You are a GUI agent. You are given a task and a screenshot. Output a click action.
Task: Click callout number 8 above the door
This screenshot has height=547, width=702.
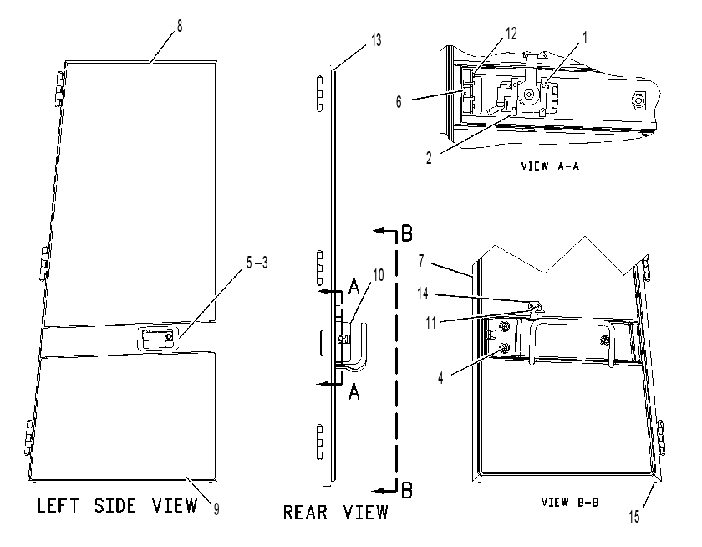coord(180,26)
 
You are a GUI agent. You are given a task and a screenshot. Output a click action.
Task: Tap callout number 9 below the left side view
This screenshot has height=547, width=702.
coord(216,509)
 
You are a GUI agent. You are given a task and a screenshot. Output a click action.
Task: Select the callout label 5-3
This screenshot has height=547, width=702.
coord(257,262)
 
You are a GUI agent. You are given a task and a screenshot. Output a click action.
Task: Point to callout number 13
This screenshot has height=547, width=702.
coord(376,40)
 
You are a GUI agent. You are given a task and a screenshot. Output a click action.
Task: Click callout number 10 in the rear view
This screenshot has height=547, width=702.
coord(379,275)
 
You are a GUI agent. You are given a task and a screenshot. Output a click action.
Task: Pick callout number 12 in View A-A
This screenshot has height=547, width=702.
coord(511,33)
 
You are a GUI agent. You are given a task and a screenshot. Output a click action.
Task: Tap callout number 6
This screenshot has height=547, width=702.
coord(399,102)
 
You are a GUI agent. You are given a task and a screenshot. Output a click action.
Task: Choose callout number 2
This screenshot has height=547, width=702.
coord(429,158)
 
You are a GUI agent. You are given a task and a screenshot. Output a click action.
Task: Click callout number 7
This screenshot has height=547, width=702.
coord(421,260)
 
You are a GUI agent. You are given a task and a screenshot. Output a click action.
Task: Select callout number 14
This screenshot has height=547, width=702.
coord(423,294)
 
